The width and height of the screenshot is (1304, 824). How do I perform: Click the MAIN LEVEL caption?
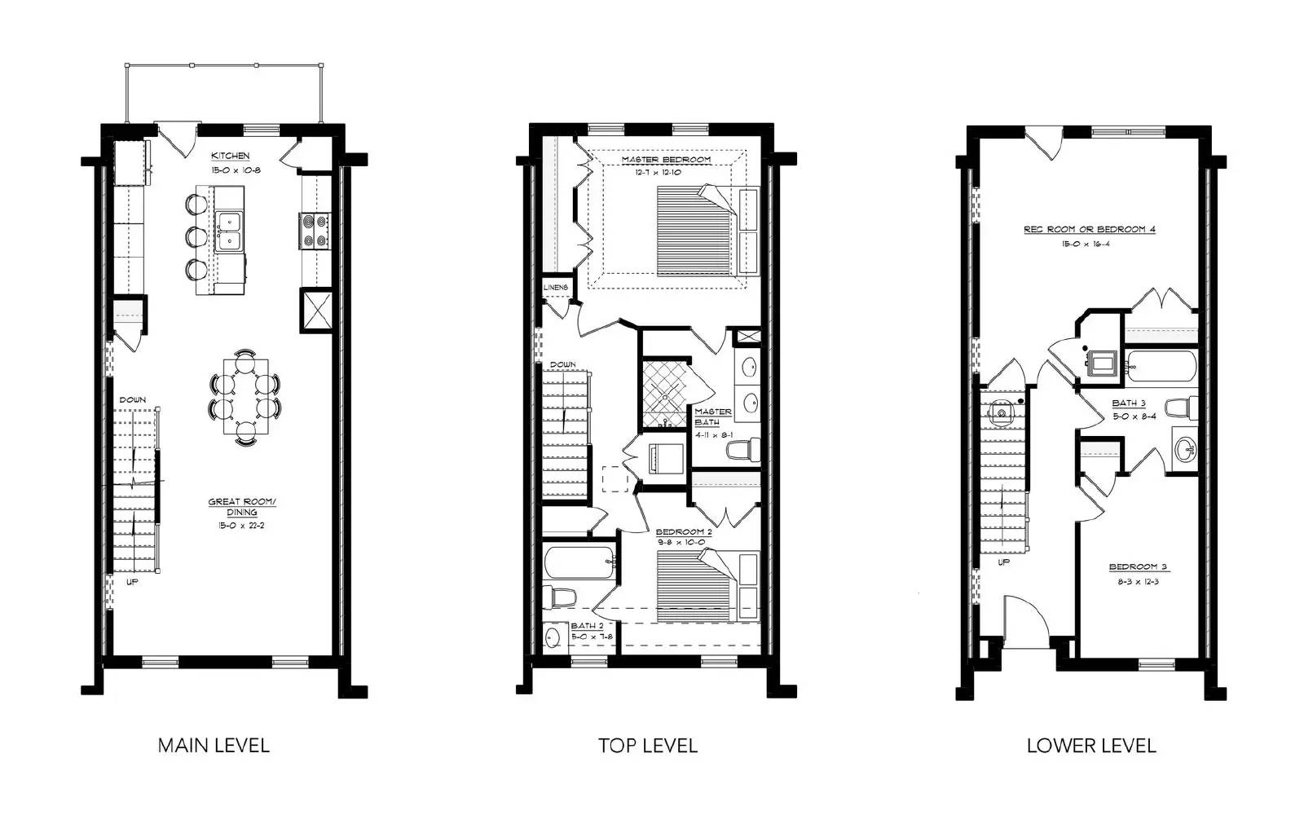(x=214, y=745)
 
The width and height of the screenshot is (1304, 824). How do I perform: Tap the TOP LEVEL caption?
(x=648, y=745)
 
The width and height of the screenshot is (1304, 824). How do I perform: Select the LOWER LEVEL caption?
(x=1090, y=745)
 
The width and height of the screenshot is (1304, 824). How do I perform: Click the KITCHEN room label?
(x=231, y=156)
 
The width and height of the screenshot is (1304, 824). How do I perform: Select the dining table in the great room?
(x=245, y=394)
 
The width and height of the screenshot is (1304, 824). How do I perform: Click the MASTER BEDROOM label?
(x=666, y=160)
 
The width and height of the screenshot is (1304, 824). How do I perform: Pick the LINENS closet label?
(x=556, y=288)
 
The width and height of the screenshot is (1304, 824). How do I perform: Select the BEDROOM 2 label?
(x=684, y=532)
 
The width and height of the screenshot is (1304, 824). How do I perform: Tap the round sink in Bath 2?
(x=555, y=637)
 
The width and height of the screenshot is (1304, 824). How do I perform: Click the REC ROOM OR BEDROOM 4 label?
(x=1089, y=230)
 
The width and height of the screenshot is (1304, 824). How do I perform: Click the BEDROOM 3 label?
(x=1138, y=567)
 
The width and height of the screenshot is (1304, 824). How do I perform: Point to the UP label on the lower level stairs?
(x=1003, y=562)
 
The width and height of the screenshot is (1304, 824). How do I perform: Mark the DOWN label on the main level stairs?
(x=133, y=399)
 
